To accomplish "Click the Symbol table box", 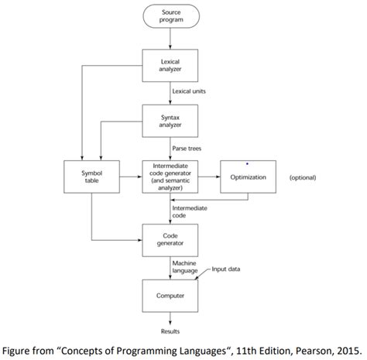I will click(91, 177).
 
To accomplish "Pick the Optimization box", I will click(248, 177).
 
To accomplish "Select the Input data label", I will click(225, 269).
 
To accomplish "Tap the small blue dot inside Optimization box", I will click(247, 164).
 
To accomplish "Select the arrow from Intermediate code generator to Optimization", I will click(208, 177).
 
